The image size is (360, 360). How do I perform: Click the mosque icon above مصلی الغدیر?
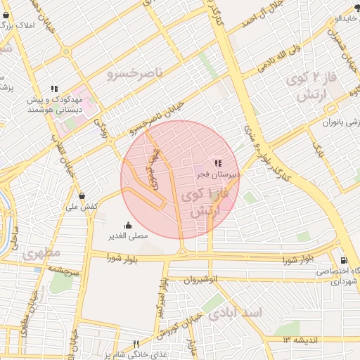[x=127, y=226]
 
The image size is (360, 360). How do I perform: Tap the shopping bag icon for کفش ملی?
[x=82, y=196]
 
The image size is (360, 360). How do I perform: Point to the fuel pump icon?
[x=343, y=259]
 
